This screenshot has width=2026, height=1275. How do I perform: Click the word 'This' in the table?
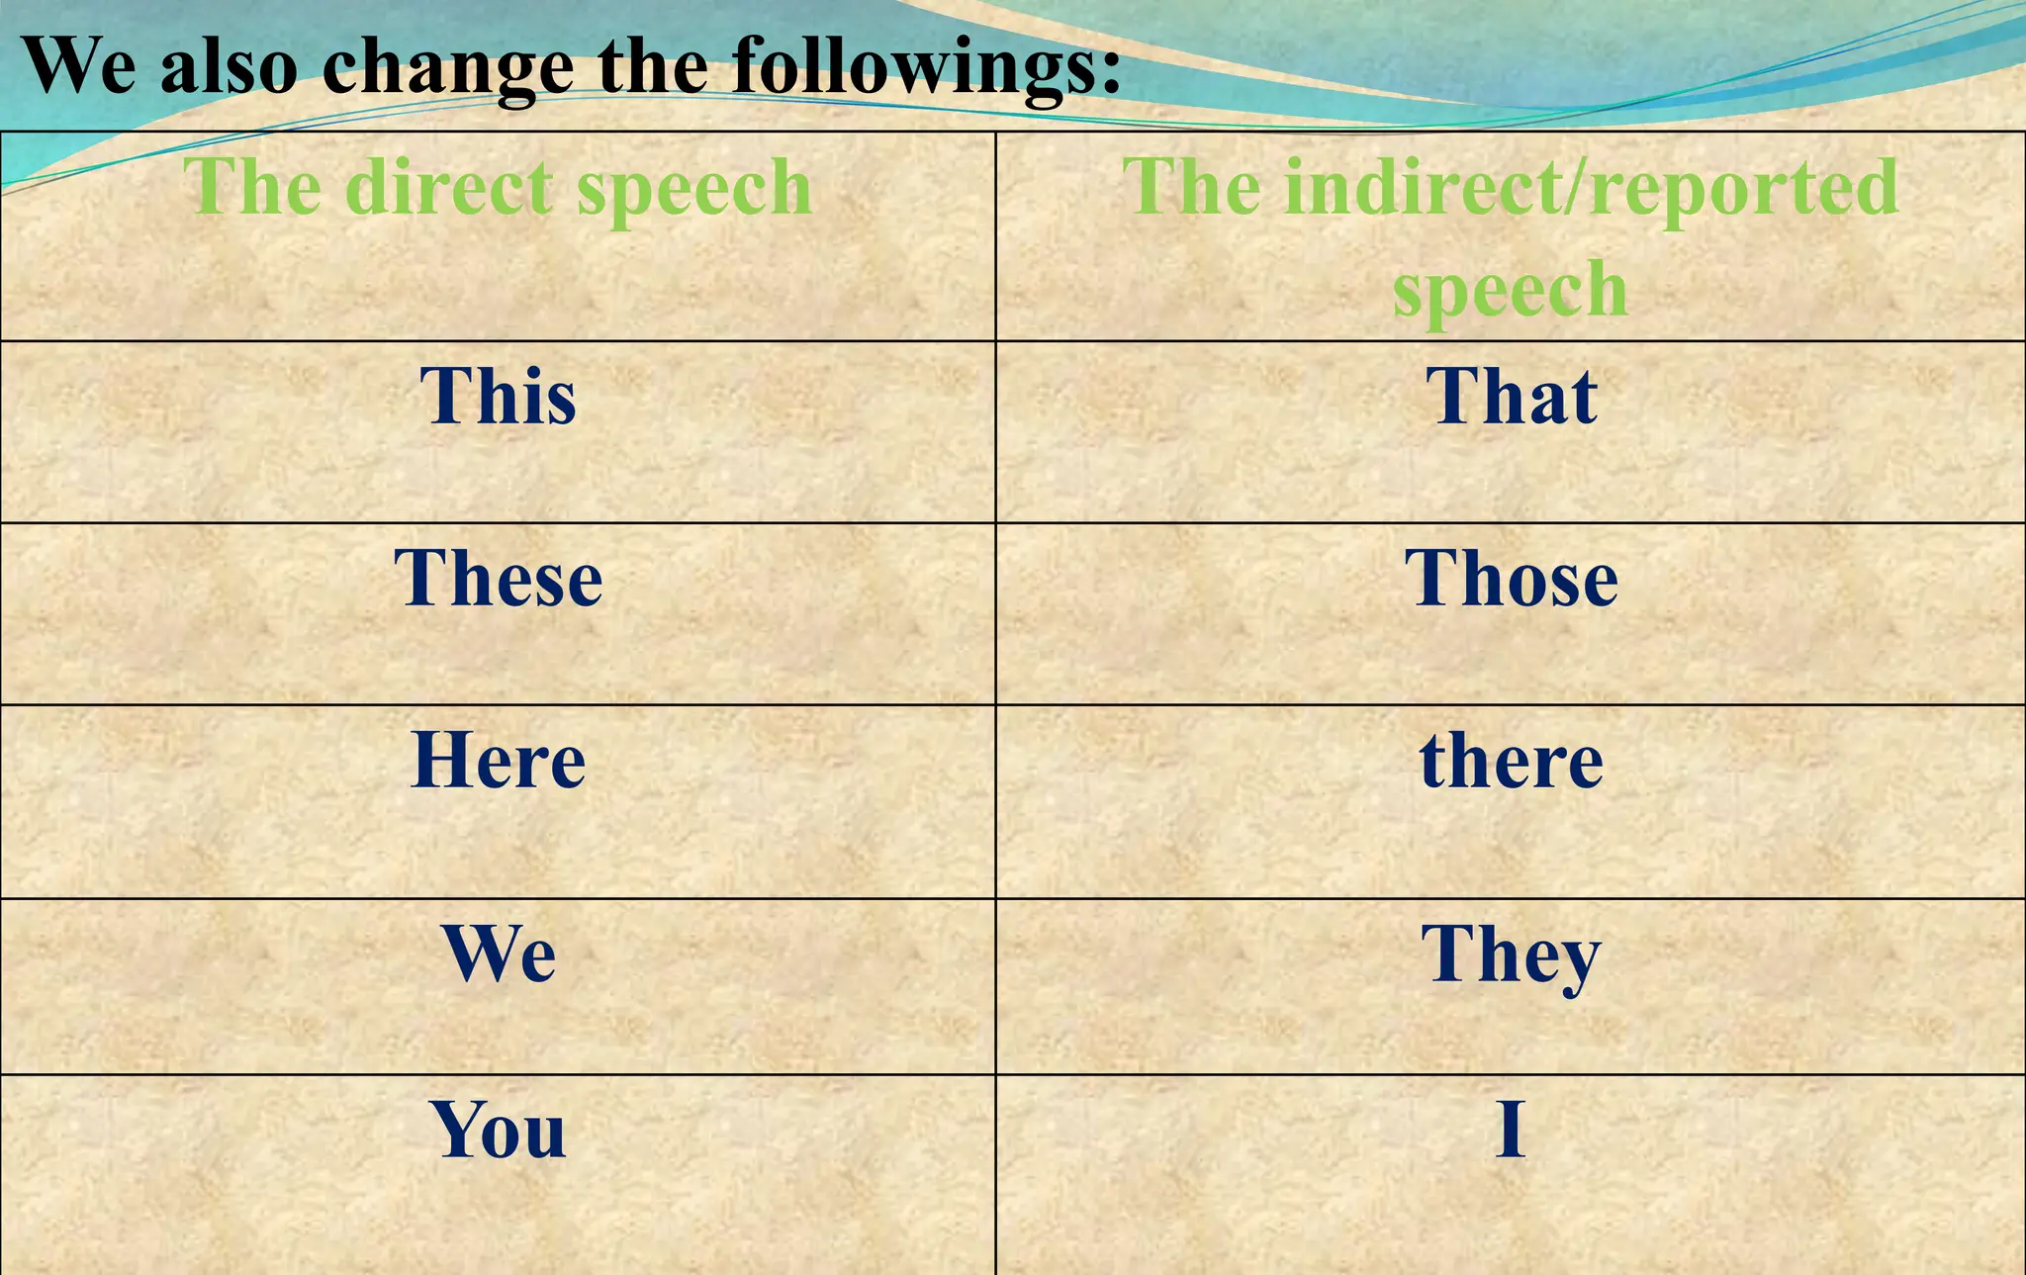[498, 396]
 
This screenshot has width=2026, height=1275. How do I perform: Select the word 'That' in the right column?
[1511, 396]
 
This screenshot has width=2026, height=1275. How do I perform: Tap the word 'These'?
[498, 578]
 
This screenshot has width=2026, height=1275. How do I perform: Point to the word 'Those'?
[1511, 578]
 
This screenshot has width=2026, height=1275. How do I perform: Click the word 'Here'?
[498, 761]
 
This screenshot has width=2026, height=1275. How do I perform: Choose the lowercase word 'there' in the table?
[1511, 761]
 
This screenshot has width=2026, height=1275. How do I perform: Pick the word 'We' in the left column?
[499, 954]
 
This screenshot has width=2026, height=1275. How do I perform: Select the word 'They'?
[1511, 956]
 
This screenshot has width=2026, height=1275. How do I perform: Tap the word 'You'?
[498, 1130]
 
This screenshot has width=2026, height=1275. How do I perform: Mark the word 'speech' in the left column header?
[693, 188]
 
